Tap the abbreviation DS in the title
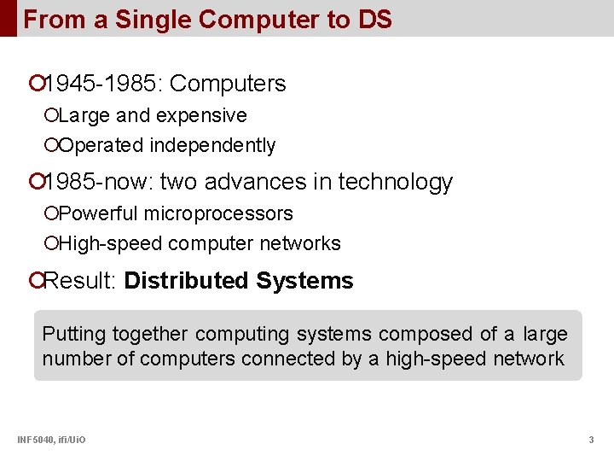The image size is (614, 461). pos(375,19)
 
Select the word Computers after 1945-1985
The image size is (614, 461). pos(229,84)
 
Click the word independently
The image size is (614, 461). pos(212,146)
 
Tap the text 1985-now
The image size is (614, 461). pos(98,182)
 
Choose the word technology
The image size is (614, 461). pos(396,182)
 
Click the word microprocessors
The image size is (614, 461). pos(218,213)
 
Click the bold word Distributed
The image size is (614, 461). pos(187,281)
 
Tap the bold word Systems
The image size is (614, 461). pos(304,281)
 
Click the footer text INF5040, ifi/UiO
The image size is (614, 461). pos(51,440)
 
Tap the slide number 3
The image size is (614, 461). pos(591,440)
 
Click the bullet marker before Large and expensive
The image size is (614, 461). pos(52,115)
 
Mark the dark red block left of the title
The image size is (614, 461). pos(8,18)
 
